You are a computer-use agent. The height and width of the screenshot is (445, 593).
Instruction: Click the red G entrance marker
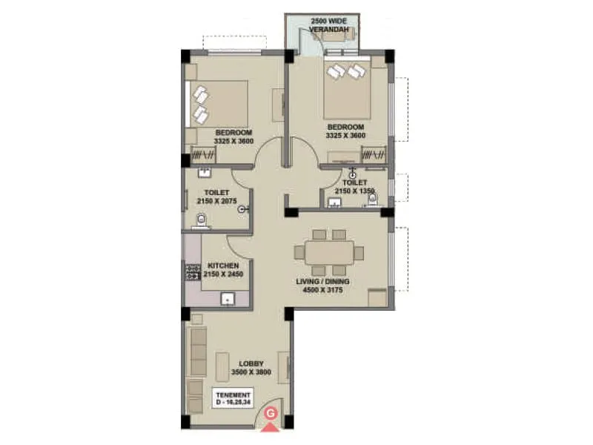point(272,413)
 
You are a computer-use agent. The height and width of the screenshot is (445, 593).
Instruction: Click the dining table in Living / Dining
point(328,252)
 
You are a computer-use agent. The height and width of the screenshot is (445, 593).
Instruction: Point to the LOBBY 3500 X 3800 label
point(232,368)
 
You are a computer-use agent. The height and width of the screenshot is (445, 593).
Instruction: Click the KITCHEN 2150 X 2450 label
point(223,270)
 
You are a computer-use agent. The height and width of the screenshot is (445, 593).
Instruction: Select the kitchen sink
point(228,299)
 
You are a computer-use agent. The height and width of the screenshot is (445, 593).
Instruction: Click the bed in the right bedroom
point(345,92)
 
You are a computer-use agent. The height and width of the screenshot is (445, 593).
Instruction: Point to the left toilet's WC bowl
point(199,217)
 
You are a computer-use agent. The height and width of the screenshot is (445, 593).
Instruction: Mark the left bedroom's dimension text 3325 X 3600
point(233,141)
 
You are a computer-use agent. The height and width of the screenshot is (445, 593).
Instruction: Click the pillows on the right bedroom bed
point(347,71)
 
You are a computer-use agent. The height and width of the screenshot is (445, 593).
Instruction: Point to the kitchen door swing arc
point(239,243)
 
